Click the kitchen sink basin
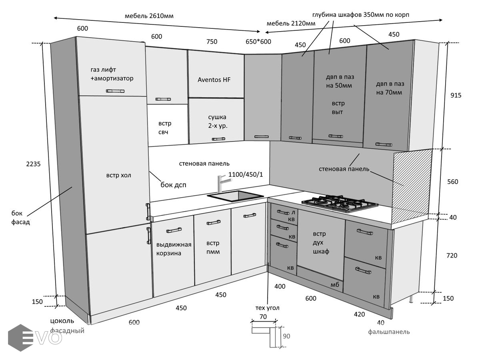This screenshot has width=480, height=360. [235, 196]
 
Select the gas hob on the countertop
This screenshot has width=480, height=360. [340, 203]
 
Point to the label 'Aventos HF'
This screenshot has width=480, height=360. [214, 80]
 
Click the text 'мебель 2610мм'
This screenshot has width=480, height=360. [149, 16]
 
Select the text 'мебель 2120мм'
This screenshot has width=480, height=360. [291, 23]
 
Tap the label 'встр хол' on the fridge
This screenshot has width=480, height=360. [118, 175]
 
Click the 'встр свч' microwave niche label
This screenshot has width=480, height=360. [165, 128]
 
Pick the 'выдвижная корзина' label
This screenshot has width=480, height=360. [174, 249]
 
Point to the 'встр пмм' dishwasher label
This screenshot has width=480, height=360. [213, 247]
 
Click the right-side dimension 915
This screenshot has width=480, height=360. [456, 95]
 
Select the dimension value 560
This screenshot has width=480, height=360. [453, 182]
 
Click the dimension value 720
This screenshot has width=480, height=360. [452, 255]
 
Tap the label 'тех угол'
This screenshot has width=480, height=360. [267, 308]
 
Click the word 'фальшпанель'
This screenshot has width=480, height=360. [389, 332]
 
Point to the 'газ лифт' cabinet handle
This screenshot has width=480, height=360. [115, 91]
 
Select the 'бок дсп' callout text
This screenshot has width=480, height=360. [173, 185]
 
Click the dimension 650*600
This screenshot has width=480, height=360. [258, 42]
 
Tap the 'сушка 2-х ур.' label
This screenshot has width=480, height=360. [217, 121]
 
